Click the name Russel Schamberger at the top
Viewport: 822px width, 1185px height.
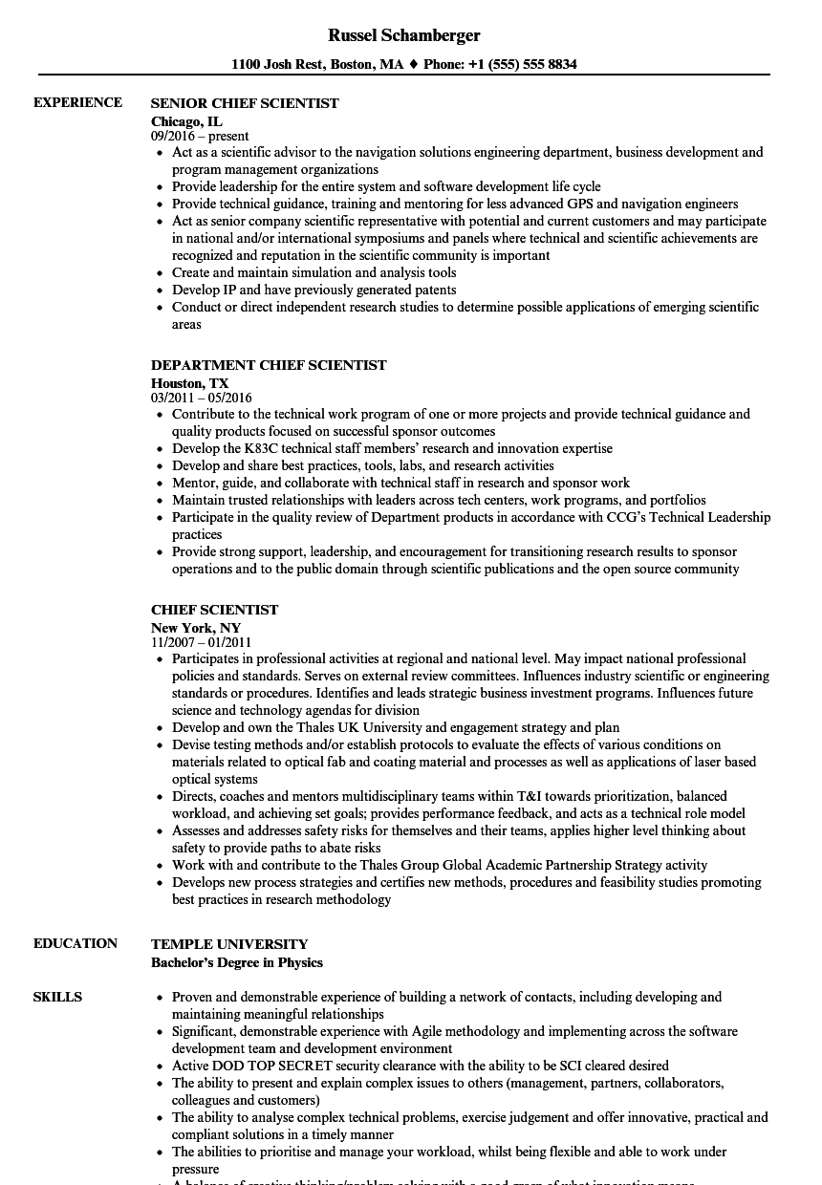click(403, 35)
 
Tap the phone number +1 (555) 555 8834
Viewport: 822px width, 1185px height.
click(522, 65)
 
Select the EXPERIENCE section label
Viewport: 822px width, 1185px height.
click(77, 102)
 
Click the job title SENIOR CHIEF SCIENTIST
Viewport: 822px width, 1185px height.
click(245, 103)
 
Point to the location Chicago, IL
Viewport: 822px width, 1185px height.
click(186, 120)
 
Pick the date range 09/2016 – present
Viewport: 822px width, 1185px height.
click(200, 137)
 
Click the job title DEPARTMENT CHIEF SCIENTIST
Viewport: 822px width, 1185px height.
click(269, 365)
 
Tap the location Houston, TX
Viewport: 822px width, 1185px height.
click(189, 382)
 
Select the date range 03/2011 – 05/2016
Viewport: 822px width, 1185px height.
click(201, 398)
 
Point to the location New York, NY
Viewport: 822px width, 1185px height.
click(195, 627)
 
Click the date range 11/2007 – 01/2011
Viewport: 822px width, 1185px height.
click(201, 642)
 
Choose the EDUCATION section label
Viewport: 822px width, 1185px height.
click(76, 943)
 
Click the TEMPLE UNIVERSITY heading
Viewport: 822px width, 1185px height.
click(229, 944)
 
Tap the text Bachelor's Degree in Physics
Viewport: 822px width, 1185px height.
click(237, 962)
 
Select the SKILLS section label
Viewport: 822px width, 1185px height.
click(57, 997)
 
